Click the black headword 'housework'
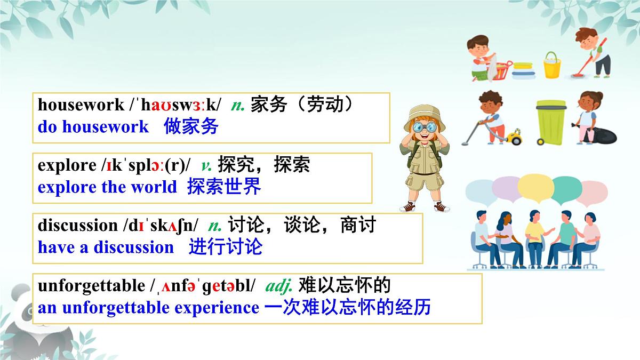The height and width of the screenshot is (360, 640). tap(81, 105)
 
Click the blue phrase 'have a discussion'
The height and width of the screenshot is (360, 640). tap(106, 247)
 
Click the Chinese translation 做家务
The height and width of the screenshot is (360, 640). tap(191, 126)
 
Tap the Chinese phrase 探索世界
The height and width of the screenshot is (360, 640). tap(224, 187)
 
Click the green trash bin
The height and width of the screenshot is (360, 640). tap(550, 122)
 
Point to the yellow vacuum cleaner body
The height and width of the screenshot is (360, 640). tap(514, 138)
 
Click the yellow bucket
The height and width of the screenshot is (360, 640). tap(552, 66)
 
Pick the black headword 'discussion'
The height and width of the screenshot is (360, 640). tap(77, 226)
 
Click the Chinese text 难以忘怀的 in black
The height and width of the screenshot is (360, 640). tap(345, 286)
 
